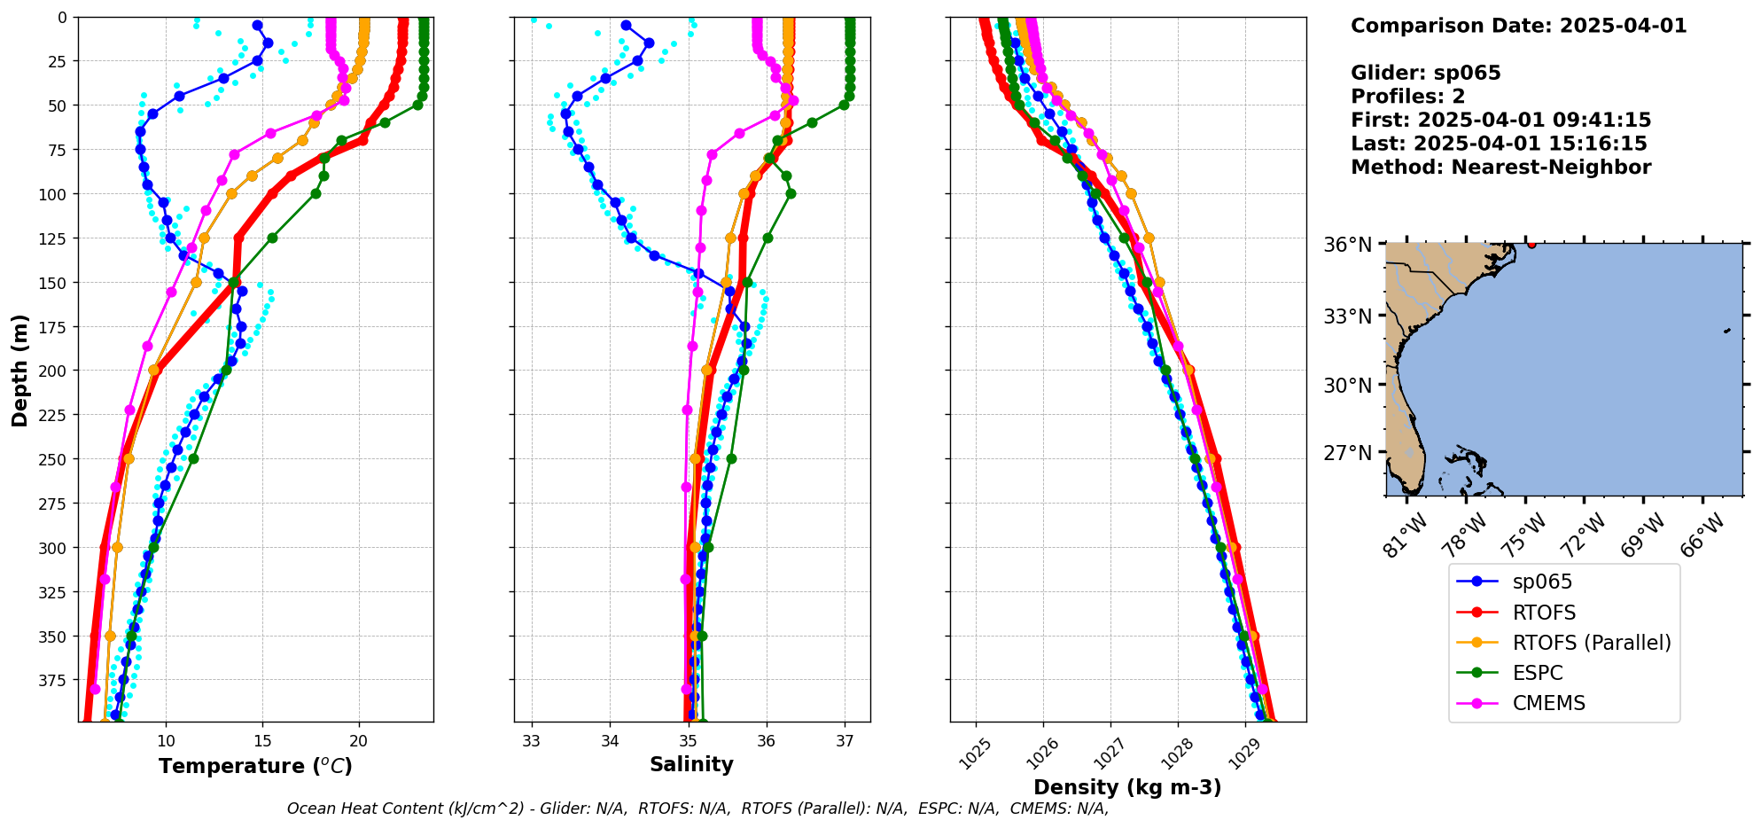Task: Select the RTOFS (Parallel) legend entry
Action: coord(1591,643)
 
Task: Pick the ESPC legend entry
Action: coord(1537,673)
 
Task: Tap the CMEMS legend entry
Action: coord(1548,703)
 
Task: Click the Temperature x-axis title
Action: coord(255,766)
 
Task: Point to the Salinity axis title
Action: coord(691,764)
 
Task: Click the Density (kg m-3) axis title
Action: coord(1127,787)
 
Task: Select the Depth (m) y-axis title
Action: coord(20,370)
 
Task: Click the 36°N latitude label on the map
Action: coord(1347,245)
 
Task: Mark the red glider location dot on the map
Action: coord(1531,244)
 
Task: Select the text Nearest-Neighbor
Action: coord(1551,168)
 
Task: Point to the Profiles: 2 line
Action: coord(1407,97)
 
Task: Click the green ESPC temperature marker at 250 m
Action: coord(193,458)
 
